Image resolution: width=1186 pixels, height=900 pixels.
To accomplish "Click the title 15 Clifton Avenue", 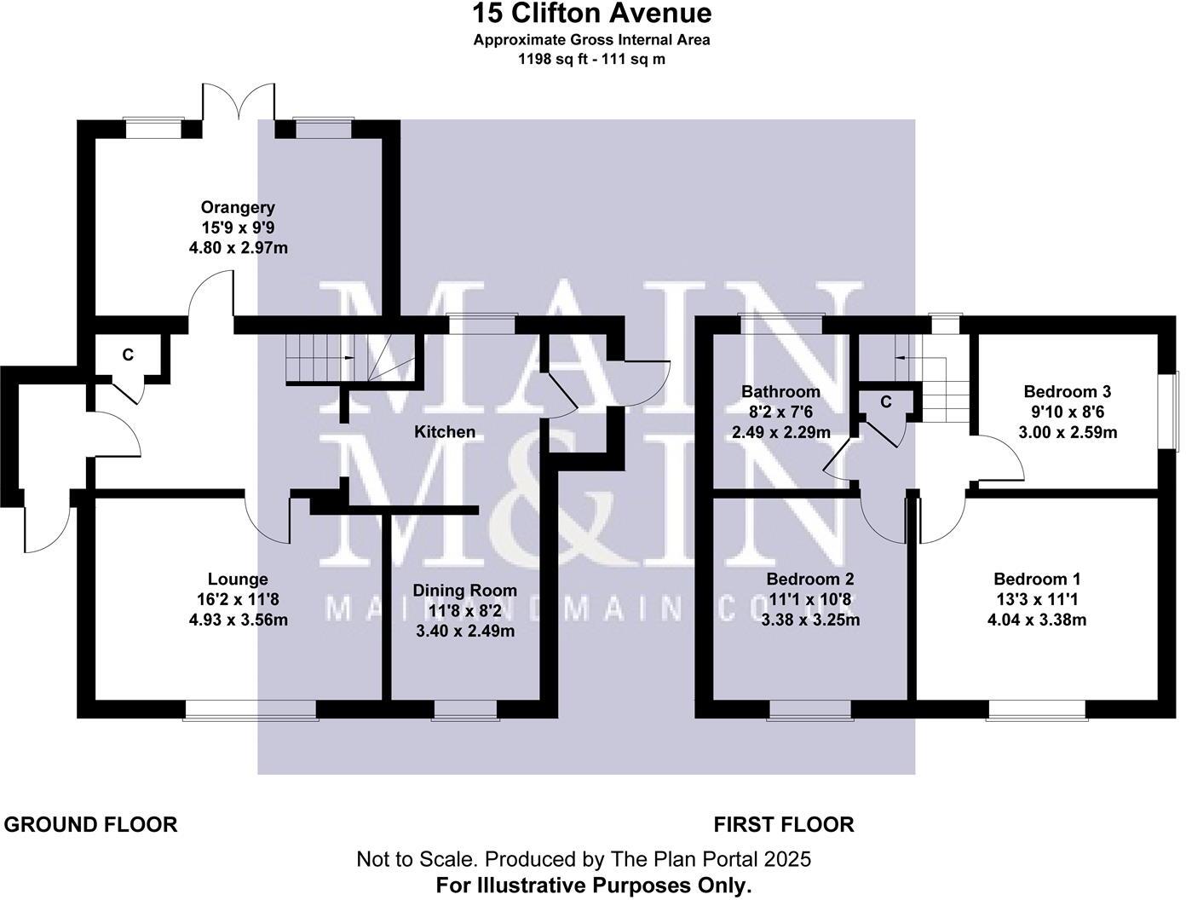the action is click(x=592, y=14).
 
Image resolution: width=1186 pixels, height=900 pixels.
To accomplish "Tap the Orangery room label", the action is click(x=238, y=207).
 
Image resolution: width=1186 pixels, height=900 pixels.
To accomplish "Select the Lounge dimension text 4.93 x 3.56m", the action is click(x=238, y=620).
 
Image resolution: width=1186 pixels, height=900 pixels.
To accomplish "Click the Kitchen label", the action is click(x=444, y=432).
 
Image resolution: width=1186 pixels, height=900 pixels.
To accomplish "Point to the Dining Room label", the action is click(x=464, y=591).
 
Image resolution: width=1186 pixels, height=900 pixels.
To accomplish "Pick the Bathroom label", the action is click(x=780, y=392).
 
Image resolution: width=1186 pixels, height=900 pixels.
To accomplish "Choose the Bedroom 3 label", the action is click(x=1067, y=392).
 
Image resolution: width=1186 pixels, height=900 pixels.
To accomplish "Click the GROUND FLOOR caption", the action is click(x=91, y=824).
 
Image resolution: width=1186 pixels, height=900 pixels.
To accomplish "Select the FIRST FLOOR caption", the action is click(x=783, y=824).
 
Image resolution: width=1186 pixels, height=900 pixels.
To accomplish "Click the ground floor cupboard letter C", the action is click(x=128, y=355).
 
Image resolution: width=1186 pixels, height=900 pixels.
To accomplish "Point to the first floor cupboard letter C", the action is click(x=886, y=401).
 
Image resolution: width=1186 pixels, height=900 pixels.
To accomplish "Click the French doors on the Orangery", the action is click(x=239, y=107).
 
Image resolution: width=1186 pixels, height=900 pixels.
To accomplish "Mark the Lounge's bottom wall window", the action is click(x=250, y=709).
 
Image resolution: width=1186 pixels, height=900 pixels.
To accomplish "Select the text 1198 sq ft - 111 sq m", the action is click(x=592, y=60).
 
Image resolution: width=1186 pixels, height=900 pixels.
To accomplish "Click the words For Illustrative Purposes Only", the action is click(x=594, y=886).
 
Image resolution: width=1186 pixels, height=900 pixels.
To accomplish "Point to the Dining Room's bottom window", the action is click(x=464, y=709).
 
